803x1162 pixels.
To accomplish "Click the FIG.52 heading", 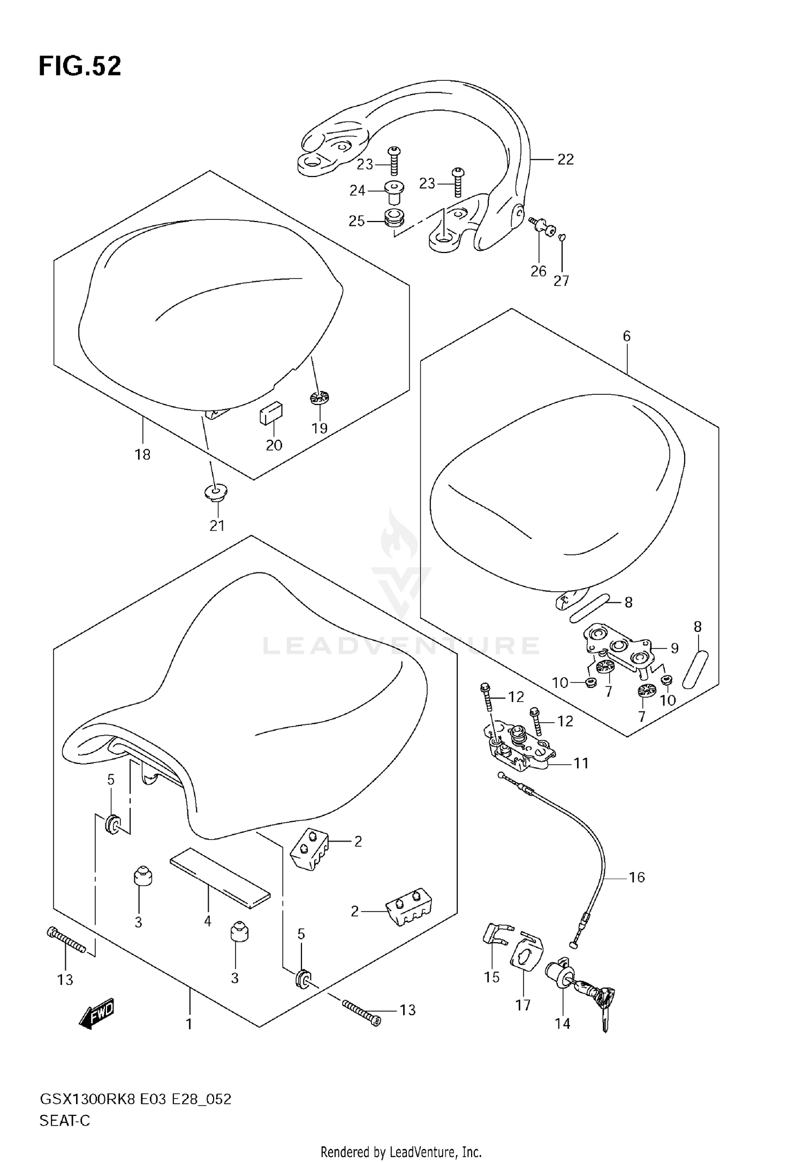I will [80, 66].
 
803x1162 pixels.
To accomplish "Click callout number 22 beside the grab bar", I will [565, 159].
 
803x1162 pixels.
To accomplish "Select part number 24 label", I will [358, 190].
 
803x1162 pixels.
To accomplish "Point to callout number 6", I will [627, 336].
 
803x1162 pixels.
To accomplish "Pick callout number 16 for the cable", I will [637, 877].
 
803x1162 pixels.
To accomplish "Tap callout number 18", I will [142, 454].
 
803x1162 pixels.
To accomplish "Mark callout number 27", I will [562, 280].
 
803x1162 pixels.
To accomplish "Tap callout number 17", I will [523, 1005].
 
